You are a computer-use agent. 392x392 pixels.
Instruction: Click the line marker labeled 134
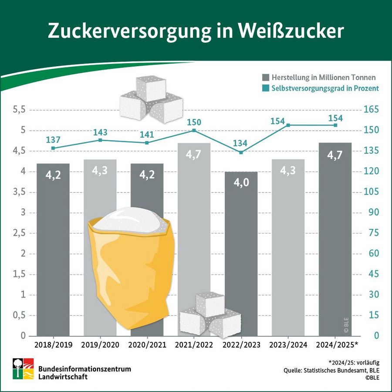[x=241, y=152]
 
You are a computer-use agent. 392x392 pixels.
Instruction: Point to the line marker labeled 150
[x=194, y=130]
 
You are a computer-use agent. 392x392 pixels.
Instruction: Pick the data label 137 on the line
[x=53, y=140]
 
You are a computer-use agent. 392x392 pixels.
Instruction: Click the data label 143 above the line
[x=100, y=132]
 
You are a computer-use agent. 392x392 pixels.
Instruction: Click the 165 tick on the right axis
[x=371, y=110]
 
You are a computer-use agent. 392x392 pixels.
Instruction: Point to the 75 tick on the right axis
[x=371, y=233]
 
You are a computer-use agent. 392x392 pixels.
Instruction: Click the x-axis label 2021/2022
[x=194, y=345]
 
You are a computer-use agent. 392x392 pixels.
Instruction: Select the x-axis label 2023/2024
[x=288, y=345]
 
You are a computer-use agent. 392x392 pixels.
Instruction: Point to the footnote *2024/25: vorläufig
[x=354, y=362]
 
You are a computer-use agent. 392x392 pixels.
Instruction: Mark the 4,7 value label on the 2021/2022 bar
[x=194, y=154]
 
